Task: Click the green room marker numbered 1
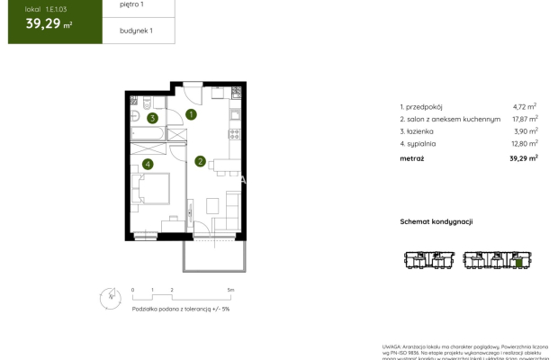click(x=191, y=114)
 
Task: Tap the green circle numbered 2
click(x=200, y=162)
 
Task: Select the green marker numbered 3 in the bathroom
click(x=153, y=118)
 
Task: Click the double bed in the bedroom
click(x=151, y=192)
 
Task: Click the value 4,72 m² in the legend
click(x=525, y=106)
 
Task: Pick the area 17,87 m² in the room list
click(x=524, y=118)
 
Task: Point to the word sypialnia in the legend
click(x=425, y=142)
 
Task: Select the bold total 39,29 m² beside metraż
click(x=523, y=157)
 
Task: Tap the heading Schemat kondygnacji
click(x=436, y=221)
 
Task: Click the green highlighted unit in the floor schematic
click(x=519, y=263)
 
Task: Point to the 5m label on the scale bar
click(x=231, y=290)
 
